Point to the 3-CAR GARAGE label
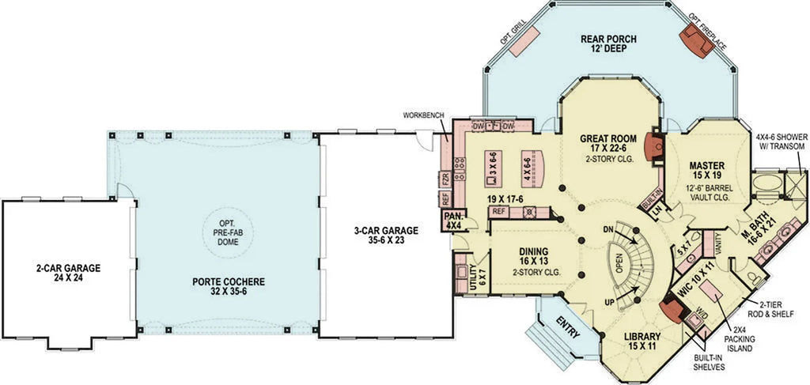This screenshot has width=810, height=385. tap(385, 236)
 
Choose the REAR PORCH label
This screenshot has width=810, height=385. tap(608, 43)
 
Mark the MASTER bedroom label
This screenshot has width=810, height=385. tap(706, 171)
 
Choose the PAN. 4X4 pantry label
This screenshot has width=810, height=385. tap(453, 219)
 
